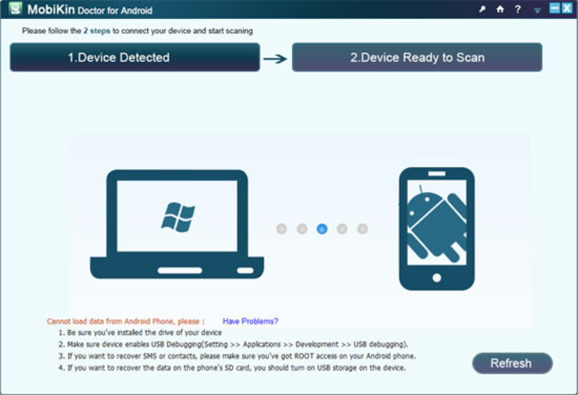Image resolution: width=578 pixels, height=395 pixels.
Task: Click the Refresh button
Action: pyautogui.click(x=512, y=364)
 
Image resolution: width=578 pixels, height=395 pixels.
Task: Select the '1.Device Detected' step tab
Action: pyautogui.click(x=135, y=57)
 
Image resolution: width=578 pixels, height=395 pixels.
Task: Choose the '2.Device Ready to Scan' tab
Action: pyautogui.click(x=417, y=57)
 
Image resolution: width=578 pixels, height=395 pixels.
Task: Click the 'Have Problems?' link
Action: pyautogui.click(x=250, y=321)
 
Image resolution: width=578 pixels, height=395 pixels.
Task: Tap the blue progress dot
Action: pyautogui.click(x=322, y=229)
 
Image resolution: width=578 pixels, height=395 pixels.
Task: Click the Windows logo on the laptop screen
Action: pyautogui.click(x=178, y=217)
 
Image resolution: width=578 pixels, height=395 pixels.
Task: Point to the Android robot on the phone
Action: pyautogui.click(x=437, y=223)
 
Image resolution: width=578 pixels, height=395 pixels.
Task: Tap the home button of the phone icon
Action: pyautogui.click(x=437, y=278)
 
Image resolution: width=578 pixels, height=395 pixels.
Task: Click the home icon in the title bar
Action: pyautogui.click(x=500, y=9)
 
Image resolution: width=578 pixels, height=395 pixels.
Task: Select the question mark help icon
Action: pyautogui.click(x=518, y=9)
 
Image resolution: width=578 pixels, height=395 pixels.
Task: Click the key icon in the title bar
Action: pyautogui.click(x=482, y=9)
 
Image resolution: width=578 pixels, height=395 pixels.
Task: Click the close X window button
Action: pyautogui.click(x=567, y=8)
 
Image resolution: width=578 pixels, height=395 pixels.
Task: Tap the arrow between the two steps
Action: pyautogui.click(x=275, y=59)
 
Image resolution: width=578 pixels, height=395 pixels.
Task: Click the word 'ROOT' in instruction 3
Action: pyautogui.click(x=303, y=356)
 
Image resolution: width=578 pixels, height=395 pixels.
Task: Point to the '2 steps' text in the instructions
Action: pyautogui.click(x=97, y=31)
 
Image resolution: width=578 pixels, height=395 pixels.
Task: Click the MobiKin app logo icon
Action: pyautogui.click(x=16, y=9)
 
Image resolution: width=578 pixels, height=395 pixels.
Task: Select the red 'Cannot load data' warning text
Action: pyautogui.click(x=126, y=321)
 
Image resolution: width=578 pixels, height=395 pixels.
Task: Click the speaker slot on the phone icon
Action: pyautogui.click(x=437, y=174)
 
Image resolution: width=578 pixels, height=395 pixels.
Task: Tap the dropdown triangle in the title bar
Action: pyautogui.click(x=538, y=11)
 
